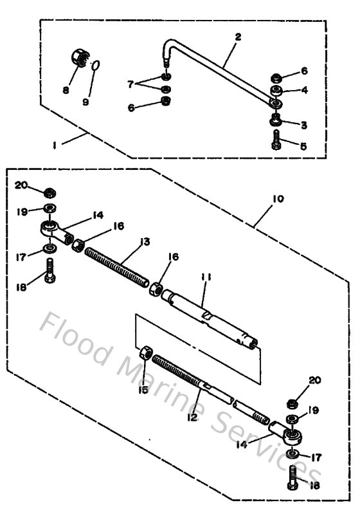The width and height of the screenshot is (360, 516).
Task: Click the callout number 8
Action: [66, 90]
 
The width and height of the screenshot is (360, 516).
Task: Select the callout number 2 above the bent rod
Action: [238, 37]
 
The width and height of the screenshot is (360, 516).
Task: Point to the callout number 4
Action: [304, 90]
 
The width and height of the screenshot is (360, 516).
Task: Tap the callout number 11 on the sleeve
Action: [205, 277]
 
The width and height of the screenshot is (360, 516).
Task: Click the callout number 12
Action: [192, 417]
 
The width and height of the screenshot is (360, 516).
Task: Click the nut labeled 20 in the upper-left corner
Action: [49, 192]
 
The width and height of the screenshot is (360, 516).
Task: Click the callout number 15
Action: [143, 390]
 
